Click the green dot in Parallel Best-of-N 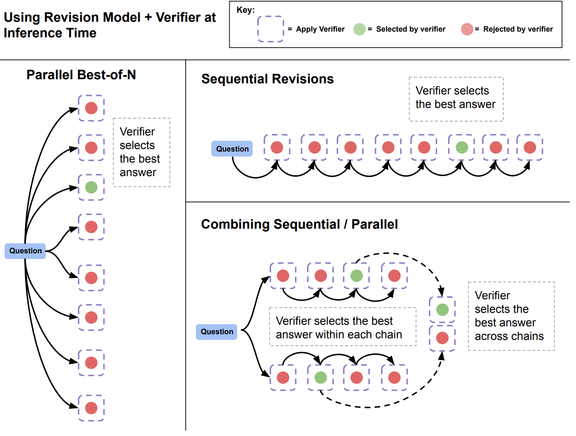click(x=91, y=187)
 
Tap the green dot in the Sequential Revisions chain click(x=462, y=147)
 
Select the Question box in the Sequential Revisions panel click(x=232, y=149)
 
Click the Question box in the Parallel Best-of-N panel click(x=25, y=251)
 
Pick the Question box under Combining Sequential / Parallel click(x=217, y=332)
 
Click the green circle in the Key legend click(x=359, y=29)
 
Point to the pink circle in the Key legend click(x=467, y=29)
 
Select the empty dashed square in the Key click(x=270, y=29)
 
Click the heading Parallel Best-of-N click(x=81, y=75)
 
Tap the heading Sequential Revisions click(x=267, y=79)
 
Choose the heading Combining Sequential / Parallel click(x=299, y=224)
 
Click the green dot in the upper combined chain click(x=357, y=275)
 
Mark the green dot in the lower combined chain click(x=321, y=377)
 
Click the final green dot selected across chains click(x=442, y=310)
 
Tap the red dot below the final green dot click(x=442, y=338)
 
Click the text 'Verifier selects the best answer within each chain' click(x=339, y=327)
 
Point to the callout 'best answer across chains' click(x=509, y=316)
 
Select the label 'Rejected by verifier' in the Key click(x=518, y=29)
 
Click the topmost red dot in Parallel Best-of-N click(x=91, y=108)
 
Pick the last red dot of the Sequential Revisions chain click(x=530, y=147)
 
